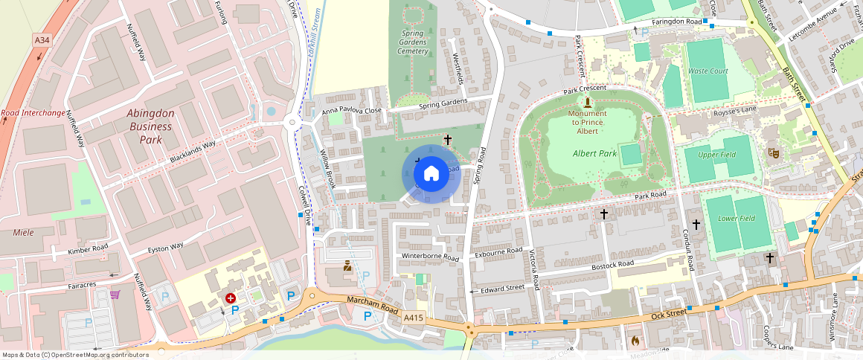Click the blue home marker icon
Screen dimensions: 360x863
431,174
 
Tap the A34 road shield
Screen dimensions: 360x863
42,39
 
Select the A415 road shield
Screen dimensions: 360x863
414,318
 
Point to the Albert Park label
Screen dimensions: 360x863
594,153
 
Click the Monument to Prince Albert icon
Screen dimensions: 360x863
588,102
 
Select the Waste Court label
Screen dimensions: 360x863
708,71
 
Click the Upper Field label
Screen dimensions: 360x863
716,155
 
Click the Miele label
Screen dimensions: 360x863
24,233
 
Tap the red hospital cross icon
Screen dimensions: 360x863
231,298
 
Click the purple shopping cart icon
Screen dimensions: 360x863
115,295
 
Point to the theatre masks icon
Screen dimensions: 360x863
773,152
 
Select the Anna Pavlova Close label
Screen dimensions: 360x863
352,112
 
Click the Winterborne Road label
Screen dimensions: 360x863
430,257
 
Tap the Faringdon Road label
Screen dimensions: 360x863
677,22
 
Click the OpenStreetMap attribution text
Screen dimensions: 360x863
74,355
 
